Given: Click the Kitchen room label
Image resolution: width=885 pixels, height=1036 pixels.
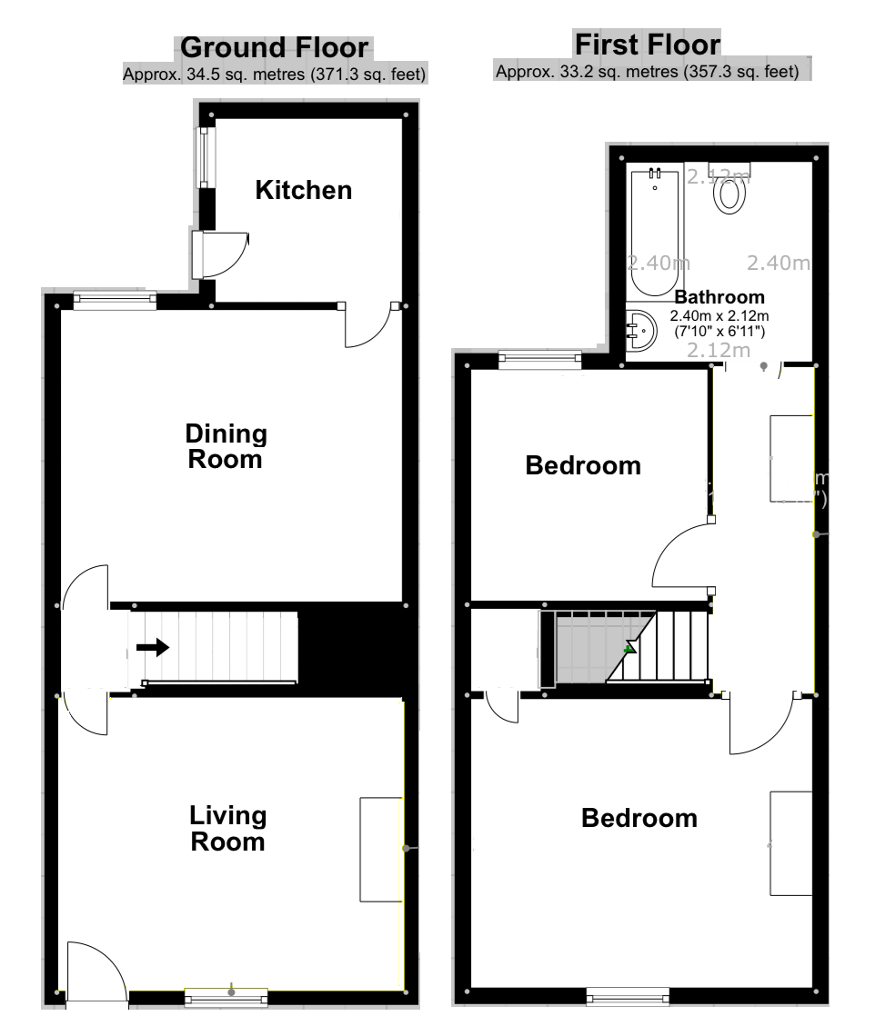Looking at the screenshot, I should [303, 191].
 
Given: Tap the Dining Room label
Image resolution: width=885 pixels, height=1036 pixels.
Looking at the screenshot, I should [226, 446].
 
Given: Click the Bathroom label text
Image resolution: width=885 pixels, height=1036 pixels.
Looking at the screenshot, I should [719, 297].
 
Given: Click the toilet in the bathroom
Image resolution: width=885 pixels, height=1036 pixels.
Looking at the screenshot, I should [731, 194].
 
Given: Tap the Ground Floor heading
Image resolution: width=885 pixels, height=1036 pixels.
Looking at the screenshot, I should [276, 48].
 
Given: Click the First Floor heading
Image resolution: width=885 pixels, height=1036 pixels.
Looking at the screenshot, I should [647, 45].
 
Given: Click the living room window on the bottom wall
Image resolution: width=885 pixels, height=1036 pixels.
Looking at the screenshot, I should [226, 998].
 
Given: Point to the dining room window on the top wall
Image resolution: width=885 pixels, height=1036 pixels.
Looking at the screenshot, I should [115, 300].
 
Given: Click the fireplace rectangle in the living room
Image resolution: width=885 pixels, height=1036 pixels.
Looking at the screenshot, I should [380, 850].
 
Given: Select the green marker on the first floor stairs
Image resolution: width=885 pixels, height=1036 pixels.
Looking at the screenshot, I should [629, 648].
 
